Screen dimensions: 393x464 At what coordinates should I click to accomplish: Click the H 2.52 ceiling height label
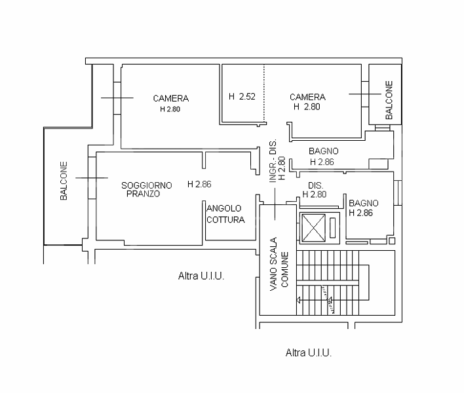tap(241, 97)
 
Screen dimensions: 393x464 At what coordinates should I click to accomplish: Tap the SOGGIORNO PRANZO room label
tap(147, 190)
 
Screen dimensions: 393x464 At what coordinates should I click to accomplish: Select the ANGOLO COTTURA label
tap(225, 214)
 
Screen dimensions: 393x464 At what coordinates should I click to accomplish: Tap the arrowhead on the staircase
tap(299, 301)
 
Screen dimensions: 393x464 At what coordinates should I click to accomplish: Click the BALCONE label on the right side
tap(389, 100)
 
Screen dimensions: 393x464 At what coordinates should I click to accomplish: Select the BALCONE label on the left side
tap(64, 181)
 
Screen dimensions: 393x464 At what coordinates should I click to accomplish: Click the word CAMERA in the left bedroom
tap(170, 98)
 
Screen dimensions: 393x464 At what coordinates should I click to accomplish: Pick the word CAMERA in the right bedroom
tap(307, 97)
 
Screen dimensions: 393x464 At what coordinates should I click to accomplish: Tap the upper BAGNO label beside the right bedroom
tap(323, 151)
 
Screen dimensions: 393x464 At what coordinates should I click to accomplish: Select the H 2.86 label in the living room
tap(200, 184)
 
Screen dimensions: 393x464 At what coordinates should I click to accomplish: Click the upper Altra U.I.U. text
tap(201, 276)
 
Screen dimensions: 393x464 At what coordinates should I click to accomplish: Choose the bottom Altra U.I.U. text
tap(309, 352)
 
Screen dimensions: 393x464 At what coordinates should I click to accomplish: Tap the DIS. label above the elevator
tap(315, 185)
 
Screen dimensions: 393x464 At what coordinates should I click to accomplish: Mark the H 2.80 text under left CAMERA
tap(170, 109)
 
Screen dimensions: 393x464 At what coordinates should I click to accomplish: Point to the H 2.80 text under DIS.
tap(315, 194)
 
